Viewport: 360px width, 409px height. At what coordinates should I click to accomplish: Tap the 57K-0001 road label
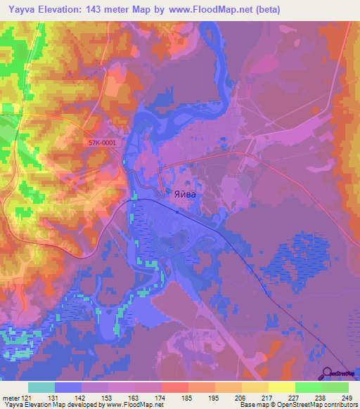coord(102,142)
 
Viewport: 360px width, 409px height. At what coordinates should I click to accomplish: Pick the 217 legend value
coord(265,399)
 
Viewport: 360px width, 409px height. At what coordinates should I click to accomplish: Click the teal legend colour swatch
coord(41,387)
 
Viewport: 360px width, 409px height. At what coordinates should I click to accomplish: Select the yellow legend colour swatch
coord(281,387)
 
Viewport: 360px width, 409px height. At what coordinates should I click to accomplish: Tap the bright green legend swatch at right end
coord(335,387)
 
